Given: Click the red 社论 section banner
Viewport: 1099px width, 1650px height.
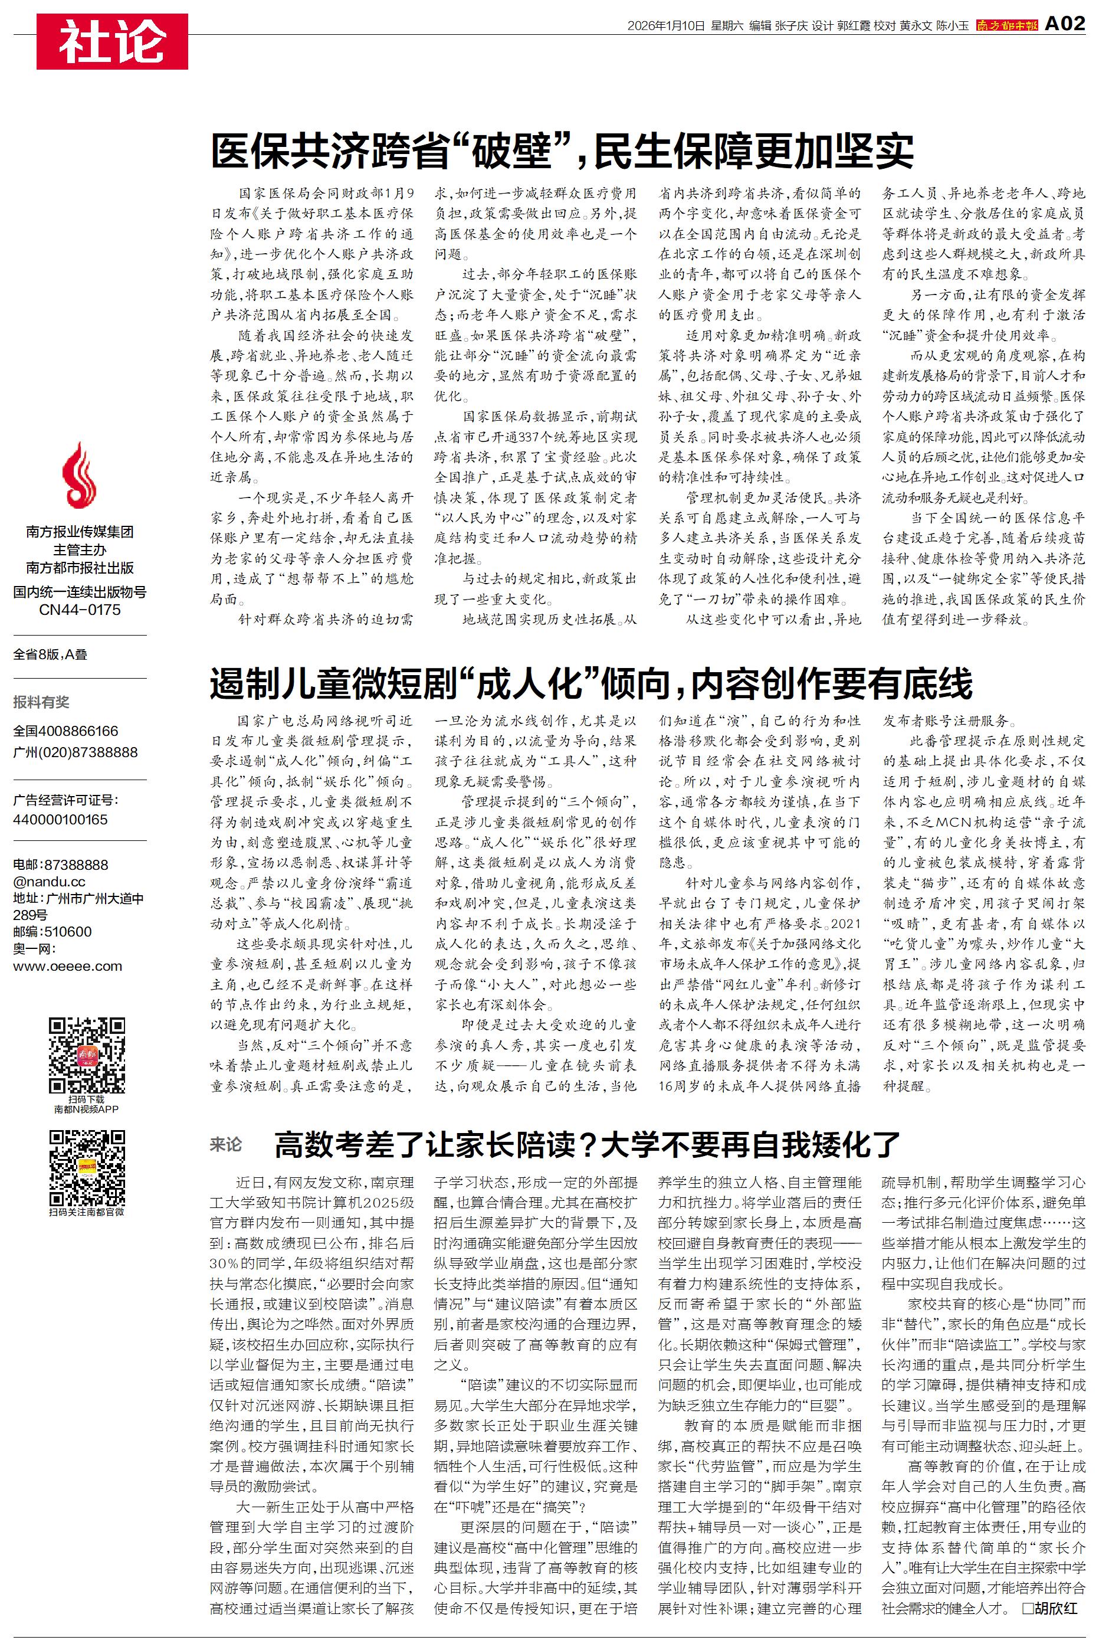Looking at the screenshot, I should tap(112, 41).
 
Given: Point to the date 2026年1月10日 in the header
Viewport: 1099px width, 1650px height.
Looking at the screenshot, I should tap(665, 26).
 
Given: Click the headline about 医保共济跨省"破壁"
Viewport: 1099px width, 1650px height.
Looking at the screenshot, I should tap(562, 149).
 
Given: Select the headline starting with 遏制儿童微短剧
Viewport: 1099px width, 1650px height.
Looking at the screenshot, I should tap(591, 683).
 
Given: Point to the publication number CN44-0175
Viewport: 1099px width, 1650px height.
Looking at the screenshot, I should tap(80, 610).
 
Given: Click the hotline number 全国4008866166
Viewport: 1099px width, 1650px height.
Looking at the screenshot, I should tap(66, 731).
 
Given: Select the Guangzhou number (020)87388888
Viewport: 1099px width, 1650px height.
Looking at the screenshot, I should tap(75, 752).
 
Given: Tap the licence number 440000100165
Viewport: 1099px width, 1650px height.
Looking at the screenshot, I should tap(60, 819).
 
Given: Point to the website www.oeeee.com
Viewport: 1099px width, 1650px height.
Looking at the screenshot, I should tap(67, 966).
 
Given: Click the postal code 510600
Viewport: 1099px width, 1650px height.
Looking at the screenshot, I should tap(67, 932).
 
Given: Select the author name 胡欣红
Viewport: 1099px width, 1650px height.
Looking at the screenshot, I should tap(1054, 1608).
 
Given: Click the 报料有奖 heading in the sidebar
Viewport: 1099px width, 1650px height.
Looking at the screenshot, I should tap(41, 702).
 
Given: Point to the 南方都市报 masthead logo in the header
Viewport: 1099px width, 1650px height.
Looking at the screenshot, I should tap(1006, 26).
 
